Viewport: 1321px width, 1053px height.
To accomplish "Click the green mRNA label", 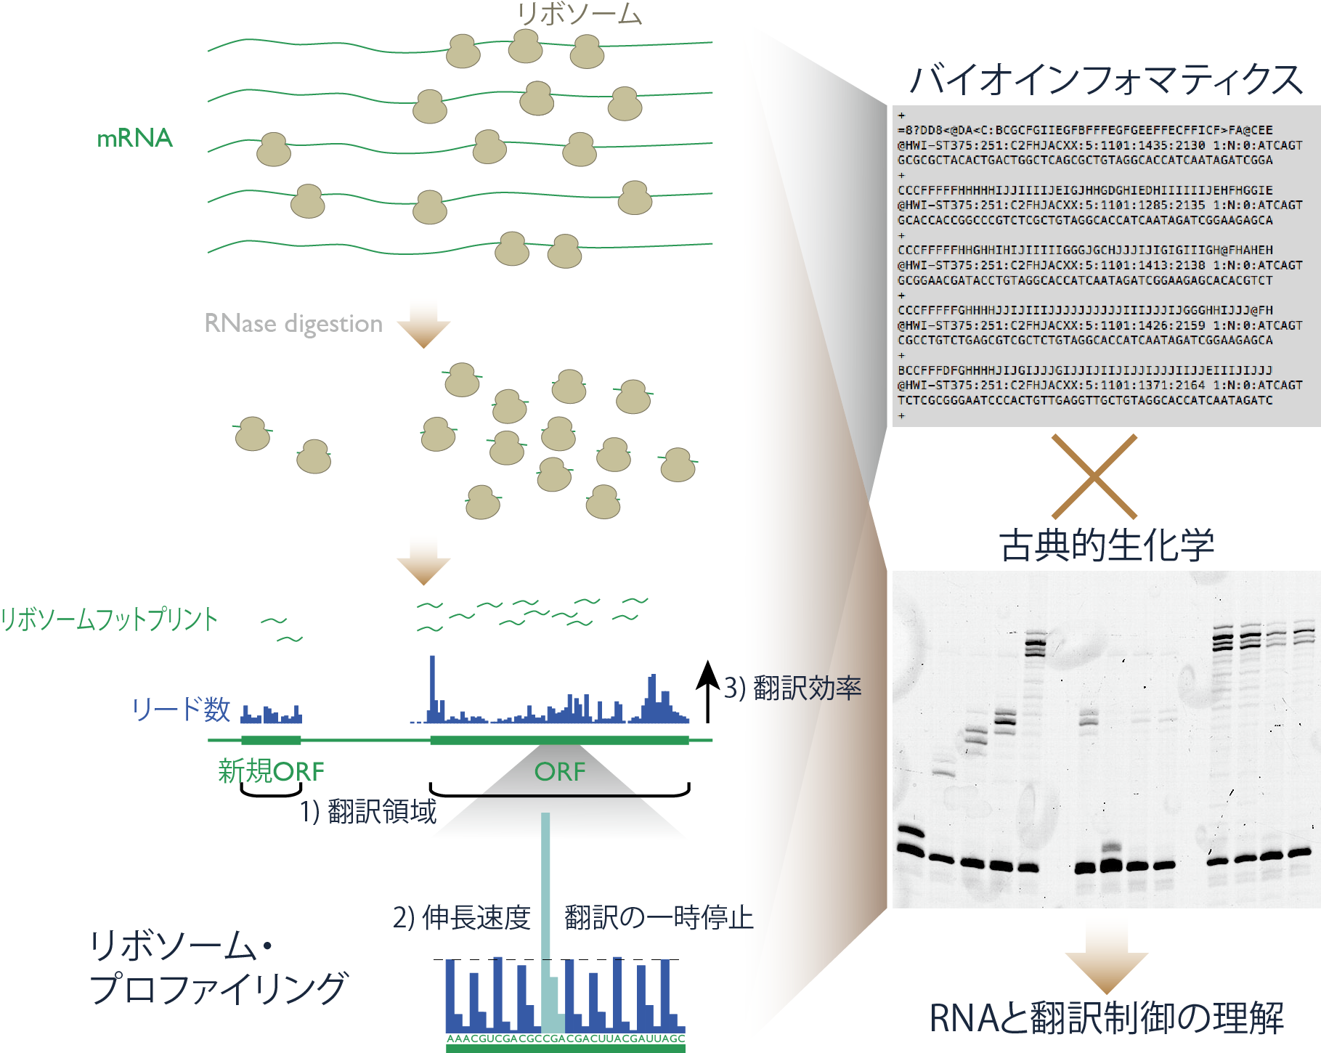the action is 135,138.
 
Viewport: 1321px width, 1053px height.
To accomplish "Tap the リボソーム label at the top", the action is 579,14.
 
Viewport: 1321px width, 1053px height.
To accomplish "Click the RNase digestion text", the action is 293,323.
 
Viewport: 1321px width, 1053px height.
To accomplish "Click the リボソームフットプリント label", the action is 109,619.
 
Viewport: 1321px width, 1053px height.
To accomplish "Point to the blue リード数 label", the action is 181,709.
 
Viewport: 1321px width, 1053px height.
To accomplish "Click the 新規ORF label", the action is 271,771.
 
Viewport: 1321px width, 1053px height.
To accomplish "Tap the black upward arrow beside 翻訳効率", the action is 707,691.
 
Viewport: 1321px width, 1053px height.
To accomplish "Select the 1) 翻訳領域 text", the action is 368,811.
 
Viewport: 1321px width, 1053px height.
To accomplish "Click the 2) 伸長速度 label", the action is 462,918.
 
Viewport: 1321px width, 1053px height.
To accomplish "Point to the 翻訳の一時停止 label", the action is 659,918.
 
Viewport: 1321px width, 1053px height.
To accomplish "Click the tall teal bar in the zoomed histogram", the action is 545,922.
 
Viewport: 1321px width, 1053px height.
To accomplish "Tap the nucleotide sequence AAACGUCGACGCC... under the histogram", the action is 566,1039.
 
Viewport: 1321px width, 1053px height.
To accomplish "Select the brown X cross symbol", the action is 1094,476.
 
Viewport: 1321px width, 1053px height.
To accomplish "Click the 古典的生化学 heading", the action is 1106,545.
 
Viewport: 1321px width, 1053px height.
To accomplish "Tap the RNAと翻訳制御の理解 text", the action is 1106,1018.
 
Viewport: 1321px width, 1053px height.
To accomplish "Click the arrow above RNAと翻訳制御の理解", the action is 1106,957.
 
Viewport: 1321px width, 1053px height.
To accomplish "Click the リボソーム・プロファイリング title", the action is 218,967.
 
